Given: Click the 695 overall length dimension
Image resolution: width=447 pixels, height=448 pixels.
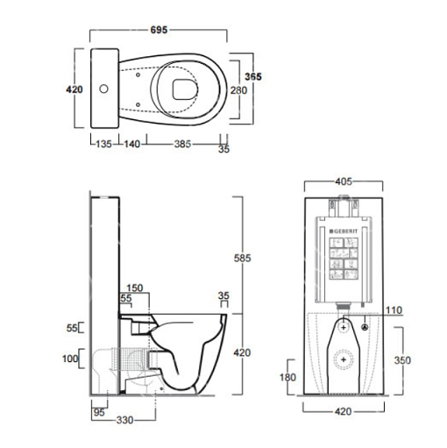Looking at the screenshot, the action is tap(159, 30).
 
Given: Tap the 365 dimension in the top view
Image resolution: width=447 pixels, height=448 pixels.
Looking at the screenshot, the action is tap(253, 76).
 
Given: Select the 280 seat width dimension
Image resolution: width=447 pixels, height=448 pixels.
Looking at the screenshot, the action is tap(238, 90).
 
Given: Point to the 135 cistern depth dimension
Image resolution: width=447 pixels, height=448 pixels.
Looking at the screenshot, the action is tap(104, 144).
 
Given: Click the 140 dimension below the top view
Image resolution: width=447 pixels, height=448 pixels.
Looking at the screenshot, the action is tap(132, 144).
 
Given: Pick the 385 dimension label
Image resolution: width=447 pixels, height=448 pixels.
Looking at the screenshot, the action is tap(182, 144).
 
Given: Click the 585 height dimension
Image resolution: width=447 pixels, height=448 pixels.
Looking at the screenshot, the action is tap(242, 258).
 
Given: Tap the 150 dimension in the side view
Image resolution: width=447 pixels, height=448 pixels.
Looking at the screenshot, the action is tap(135, 288).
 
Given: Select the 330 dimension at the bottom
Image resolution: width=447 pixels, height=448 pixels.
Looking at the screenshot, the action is tap(124, 420).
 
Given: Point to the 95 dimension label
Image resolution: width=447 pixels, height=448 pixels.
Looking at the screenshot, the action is tap(99, 412).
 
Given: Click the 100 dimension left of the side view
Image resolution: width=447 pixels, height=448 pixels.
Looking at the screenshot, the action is tap(70, 359).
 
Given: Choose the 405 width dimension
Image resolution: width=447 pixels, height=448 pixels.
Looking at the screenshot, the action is tap(344, 181).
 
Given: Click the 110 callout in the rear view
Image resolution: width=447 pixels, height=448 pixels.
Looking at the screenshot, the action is tap(394, 310).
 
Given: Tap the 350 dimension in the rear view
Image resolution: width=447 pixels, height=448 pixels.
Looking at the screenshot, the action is tap(402, 360).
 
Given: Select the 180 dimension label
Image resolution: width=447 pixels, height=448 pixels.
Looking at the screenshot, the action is tap(287, 377).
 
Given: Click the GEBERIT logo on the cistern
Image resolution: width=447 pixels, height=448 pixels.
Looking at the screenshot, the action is tap(344, 231).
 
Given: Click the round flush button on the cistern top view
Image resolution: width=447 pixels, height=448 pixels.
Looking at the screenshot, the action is tap(103, 89).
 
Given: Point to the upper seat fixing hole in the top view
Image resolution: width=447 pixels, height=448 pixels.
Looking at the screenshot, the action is tap(138, 75).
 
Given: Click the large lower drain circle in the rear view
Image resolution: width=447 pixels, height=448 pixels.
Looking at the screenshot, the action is tap(344, 359).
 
